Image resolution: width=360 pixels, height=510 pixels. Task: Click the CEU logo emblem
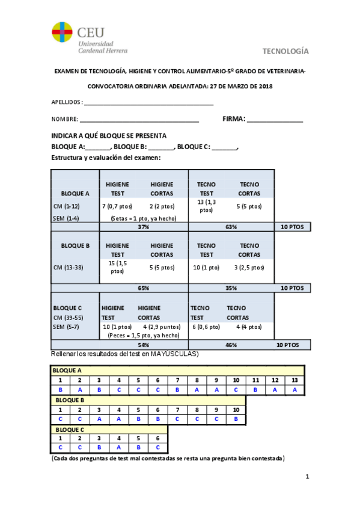click(x=62, y=33)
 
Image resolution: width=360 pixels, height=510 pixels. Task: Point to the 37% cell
click(x=143, y=227)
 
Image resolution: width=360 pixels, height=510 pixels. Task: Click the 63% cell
click(x=231, y=227)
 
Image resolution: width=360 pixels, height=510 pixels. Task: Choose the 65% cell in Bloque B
click(x=143, y=288)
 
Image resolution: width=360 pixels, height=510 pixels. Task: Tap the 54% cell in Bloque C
click(x=143, y=345)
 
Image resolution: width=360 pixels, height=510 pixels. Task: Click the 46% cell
click(x=231, y=345)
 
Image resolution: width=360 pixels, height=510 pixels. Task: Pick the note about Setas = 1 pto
click(x=144, y=218)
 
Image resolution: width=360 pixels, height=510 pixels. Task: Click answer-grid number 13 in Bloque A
click(x=294, y=380)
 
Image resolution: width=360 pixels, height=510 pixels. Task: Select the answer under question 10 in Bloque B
click(x=236, y=419)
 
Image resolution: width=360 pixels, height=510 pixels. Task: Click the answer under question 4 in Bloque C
click(x=118, y=447)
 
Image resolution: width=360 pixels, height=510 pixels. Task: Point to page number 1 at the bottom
click(x=307, y=478)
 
